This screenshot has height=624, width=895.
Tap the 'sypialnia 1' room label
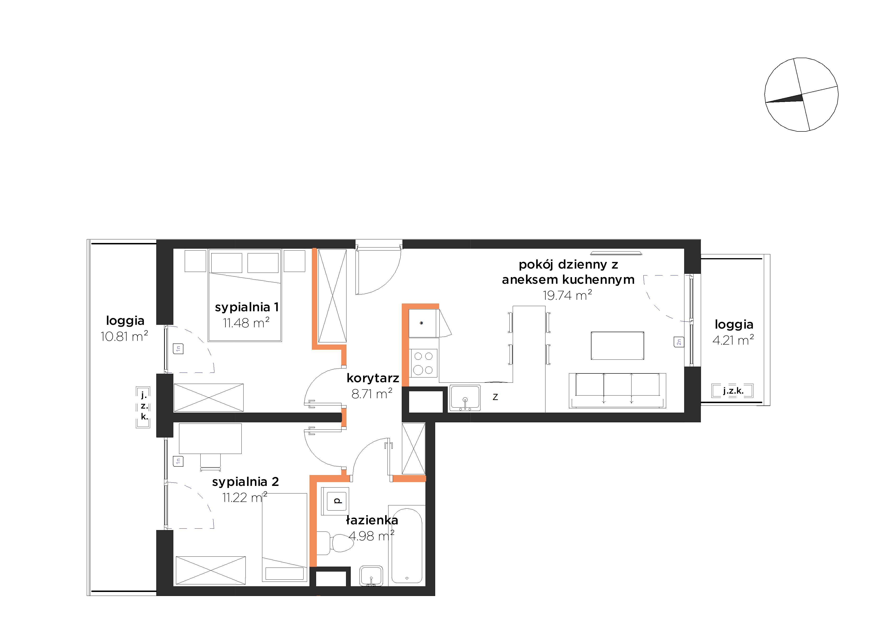click(247, 307)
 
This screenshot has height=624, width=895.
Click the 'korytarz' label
click(373, 378)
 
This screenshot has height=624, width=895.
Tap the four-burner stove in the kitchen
click(423, 363)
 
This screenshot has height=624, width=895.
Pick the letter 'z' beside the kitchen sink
click(495, 397)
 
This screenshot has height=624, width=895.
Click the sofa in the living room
click(618, 390)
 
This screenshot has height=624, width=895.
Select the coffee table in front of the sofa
click(618, 345)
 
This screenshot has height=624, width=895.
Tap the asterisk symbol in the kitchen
click(421, 323)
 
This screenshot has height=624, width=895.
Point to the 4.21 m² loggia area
click(733, 340)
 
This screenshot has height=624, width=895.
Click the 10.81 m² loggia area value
click(124, 336)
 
